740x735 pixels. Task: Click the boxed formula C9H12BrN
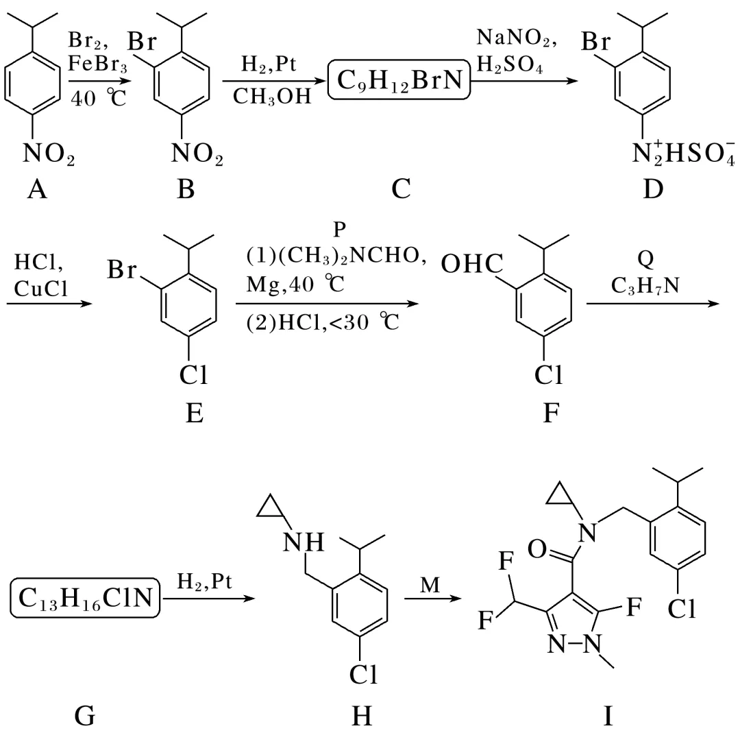pos(401,82)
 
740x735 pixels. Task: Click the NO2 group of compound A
pos(49,155)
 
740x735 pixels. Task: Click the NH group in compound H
pos(304,543)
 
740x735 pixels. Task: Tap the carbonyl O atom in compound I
pos(538,549)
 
